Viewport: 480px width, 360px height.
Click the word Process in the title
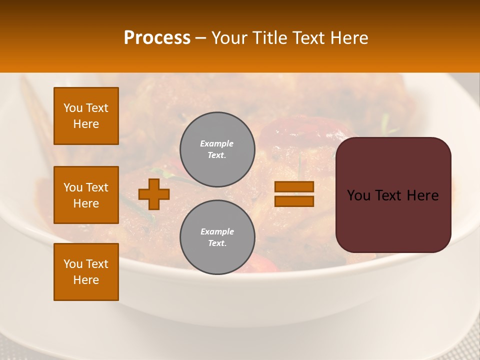(157, 38)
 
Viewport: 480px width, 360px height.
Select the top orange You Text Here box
(86, 116)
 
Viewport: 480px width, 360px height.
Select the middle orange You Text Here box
(86, 195)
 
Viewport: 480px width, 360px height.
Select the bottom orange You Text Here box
(86, 272)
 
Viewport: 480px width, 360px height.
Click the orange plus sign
(153, 194)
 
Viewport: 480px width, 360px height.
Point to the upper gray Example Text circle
(217, 149)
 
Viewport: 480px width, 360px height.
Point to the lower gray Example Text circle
(217, 237)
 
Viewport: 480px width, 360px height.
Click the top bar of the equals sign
(294, 186)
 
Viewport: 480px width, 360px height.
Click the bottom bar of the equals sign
(294, 201)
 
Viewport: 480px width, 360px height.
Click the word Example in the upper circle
(217, 143)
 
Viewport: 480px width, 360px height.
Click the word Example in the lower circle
(217, 231)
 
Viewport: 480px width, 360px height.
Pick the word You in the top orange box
(73, 108)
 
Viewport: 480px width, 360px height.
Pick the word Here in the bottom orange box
(86, 280)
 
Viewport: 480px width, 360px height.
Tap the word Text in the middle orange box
(97, 187)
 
